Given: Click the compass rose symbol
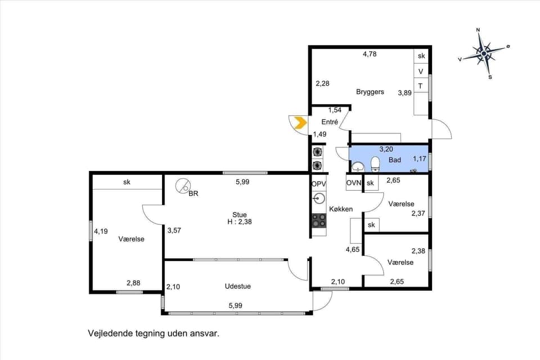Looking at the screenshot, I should (x=484, y=52).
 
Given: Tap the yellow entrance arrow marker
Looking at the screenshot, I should (x=300, y=123).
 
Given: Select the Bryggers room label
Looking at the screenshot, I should (x=370, y=92).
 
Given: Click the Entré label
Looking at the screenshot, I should (x=330, y=122).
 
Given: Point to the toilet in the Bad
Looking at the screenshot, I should (x=375, y=164).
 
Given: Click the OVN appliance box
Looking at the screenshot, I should (x=354, y=183).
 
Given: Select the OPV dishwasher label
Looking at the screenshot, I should (x=318, y=183).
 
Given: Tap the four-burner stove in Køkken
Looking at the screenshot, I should (x=319, y=220).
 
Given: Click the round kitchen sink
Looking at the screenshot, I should (x=319, y=198).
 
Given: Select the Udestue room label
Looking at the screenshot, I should (x=237, y=286).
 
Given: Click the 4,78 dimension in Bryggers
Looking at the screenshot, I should (x=369, y=54).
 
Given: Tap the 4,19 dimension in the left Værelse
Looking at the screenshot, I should (x=101, y=231).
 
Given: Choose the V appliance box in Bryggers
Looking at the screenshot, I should (x=421, y=71).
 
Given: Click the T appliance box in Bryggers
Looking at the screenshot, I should (x=421, y=86).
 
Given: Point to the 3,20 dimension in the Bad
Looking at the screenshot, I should (x=386, y=150).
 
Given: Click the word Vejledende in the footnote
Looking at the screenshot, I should (x=109, y=333).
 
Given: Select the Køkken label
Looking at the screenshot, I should (x=341, y=209).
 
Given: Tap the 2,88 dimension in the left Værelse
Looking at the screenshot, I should (x=133, y=283).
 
